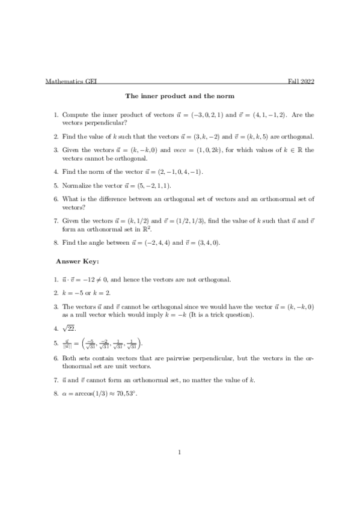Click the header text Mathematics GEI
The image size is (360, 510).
coord(67,82)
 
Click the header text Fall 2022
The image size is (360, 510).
coord(302,82)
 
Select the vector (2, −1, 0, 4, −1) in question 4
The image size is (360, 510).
coord(175,172)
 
